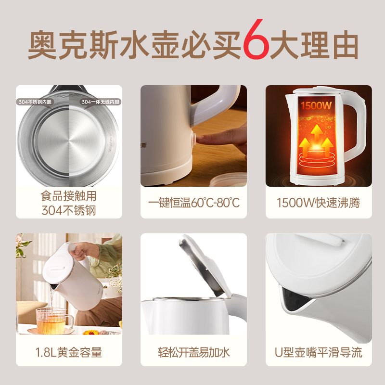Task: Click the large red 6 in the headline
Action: (x=256, y=39)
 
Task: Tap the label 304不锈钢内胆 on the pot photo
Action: (x=35, y=102)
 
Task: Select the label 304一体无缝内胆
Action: (x=101, y=102)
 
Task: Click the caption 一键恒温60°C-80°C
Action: (x=194, y=203)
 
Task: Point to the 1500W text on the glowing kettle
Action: (x=316, y=105)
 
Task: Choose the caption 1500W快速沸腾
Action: (x=319, y=203)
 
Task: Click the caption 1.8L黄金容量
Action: (x=68, y=352)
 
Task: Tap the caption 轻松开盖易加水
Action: (x=194, y=352)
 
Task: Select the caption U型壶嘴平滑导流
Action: (x=319, y=352)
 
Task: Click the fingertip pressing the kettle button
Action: (x=200, y=138)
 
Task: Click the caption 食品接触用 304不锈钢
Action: (x=68, y=203)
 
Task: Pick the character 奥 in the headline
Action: (x=42, y=44)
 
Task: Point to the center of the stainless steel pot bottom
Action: (x=69, y=141)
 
